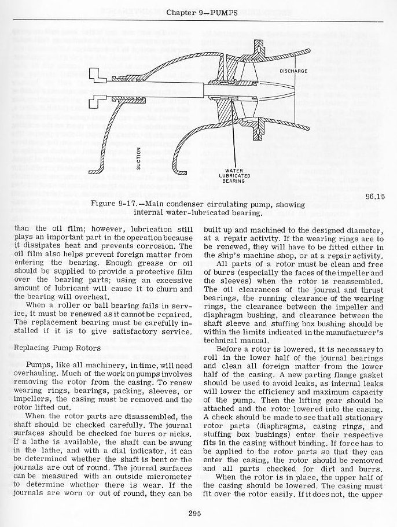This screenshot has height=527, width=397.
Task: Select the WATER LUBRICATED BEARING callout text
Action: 234,175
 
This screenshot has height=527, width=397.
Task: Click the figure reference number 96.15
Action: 376,196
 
